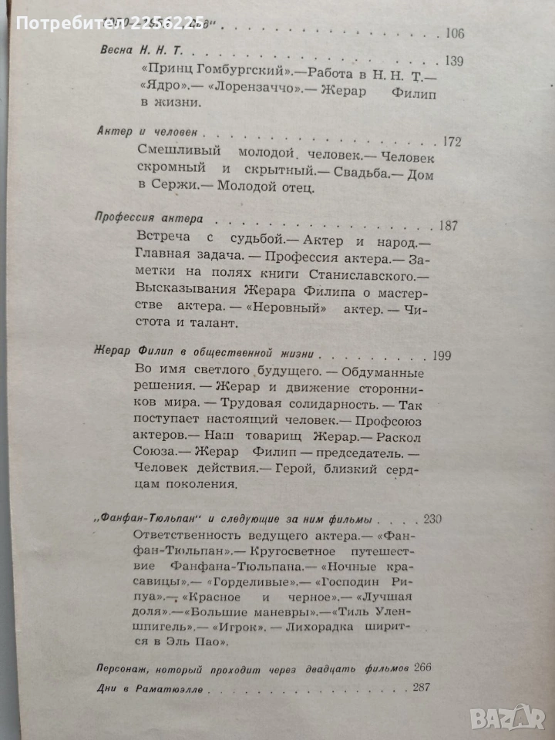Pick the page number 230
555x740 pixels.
432,518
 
